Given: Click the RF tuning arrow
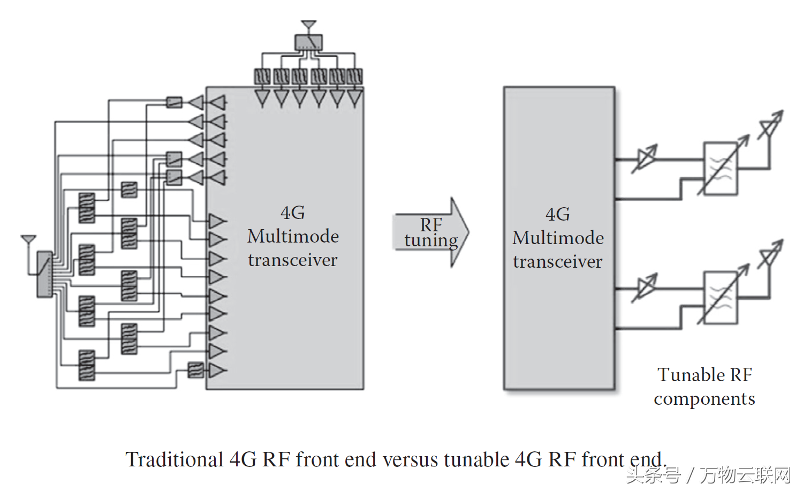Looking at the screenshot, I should (431, 232).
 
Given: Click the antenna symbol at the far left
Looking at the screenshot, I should (28, 239).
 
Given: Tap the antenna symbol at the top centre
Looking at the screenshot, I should (308, 25).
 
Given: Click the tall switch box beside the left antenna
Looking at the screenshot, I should (44, 274).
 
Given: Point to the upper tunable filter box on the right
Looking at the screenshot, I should (721, 169).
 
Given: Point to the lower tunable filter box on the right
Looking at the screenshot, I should (721, 297).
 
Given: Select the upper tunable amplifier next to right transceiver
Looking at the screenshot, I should (645, 158).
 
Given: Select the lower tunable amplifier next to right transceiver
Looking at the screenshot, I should (645, 288).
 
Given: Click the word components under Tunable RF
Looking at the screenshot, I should (704, 399).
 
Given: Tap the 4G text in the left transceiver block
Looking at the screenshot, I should (293, 213).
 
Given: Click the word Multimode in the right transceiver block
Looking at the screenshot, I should (558, 238).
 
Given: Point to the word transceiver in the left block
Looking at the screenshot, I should (293, 260).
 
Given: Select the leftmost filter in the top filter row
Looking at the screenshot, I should (262, 76).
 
